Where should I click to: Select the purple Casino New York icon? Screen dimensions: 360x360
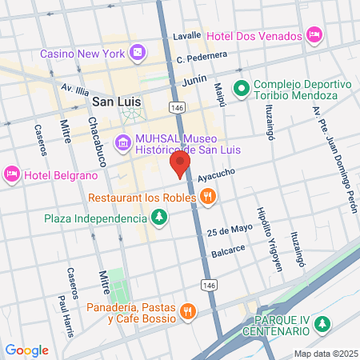click(138, 53)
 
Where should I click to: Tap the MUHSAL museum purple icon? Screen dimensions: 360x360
click(123, 144)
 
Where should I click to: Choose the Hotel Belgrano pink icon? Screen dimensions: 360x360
click(12, 174)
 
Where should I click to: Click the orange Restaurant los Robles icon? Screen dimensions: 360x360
click(207, 196)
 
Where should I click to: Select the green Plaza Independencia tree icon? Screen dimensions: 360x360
click(160, 217)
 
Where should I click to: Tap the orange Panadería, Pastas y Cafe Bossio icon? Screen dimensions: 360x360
click(187, 311)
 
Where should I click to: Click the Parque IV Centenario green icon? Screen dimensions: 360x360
click(322, 324)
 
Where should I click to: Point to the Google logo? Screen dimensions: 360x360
click(26, 350)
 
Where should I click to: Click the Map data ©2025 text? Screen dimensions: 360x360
click(325, 353)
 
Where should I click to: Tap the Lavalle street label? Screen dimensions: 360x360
click(188, 37)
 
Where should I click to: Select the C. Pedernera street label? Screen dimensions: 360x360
click(202, 57)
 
